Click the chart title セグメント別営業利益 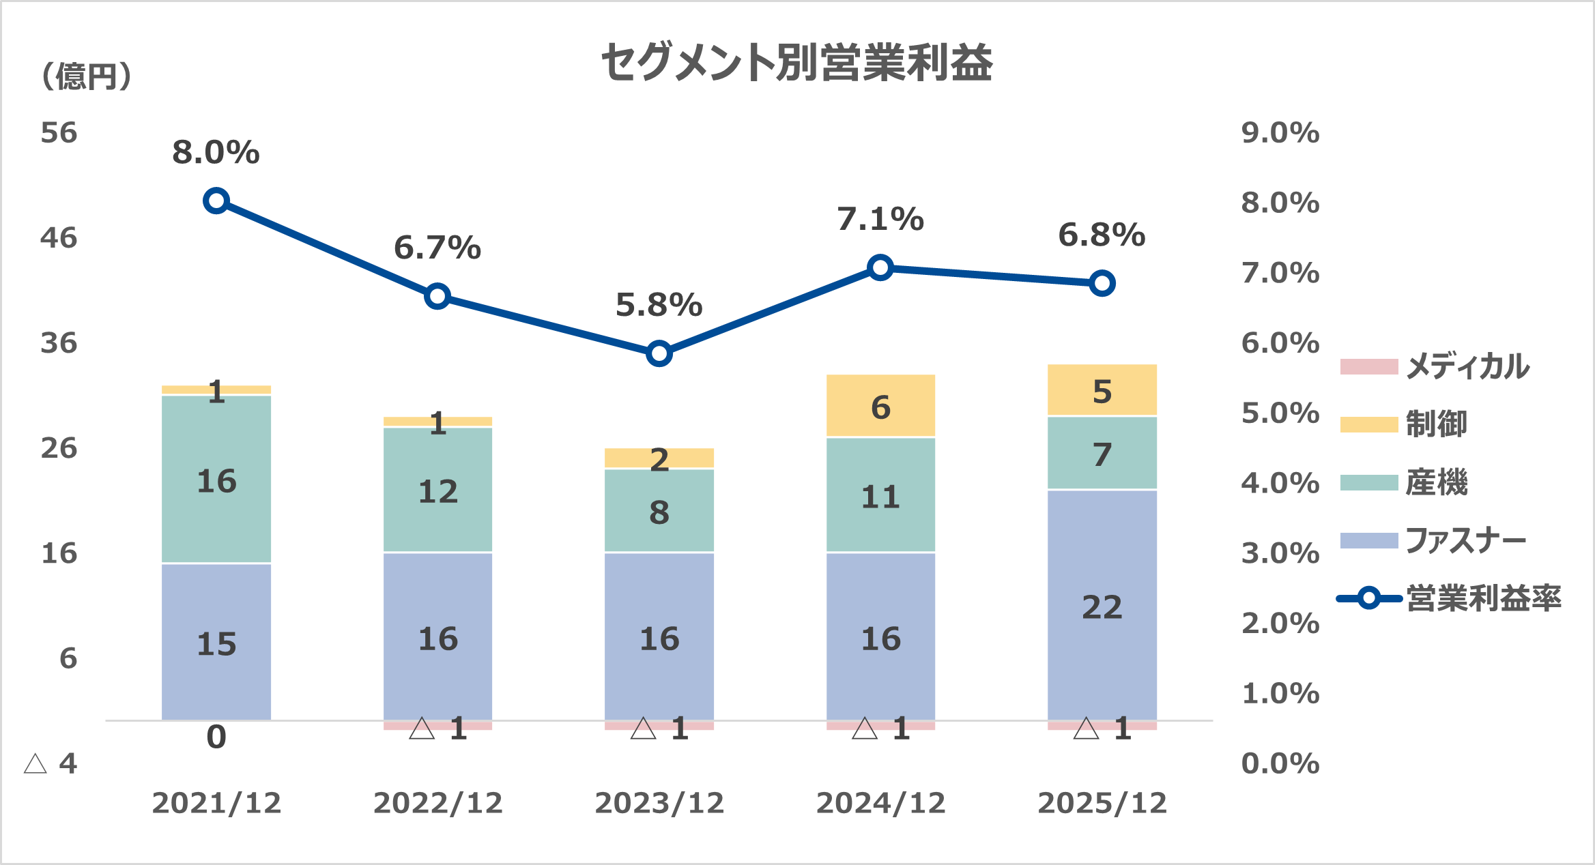pyautogui.click(x=796, y=63)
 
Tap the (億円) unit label pyautogui.click(x=87, y=76)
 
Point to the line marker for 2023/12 pyautogui.click(x=659, y=353)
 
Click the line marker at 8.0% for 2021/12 pyautogui.click(x=216, y=201)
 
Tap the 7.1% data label pyautogui.click(x=880, y=220)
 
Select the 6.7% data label pyautogui.click(x=437, y=248)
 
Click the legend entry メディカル pyautogui.click(x=1467, y=366)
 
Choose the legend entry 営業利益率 pyautogui.click(x=1482, y=599)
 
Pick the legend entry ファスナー pyautogui.click(x=1465, y=541)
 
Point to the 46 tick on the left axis pyautogui.click(x=59, y=238)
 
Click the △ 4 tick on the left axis pyautogui.click(x=51, y=764)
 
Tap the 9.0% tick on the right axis pyautogui.click(x=1280, y=133)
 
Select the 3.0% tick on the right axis pyautogui.click(x=1280, y=553)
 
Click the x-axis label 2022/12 pyautogui.click(x=437, y=803)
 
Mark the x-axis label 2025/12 pyautogui.click(x=1102, y=803)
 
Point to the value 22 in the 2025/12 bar pyautogui.click(x=1102, y=607)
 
